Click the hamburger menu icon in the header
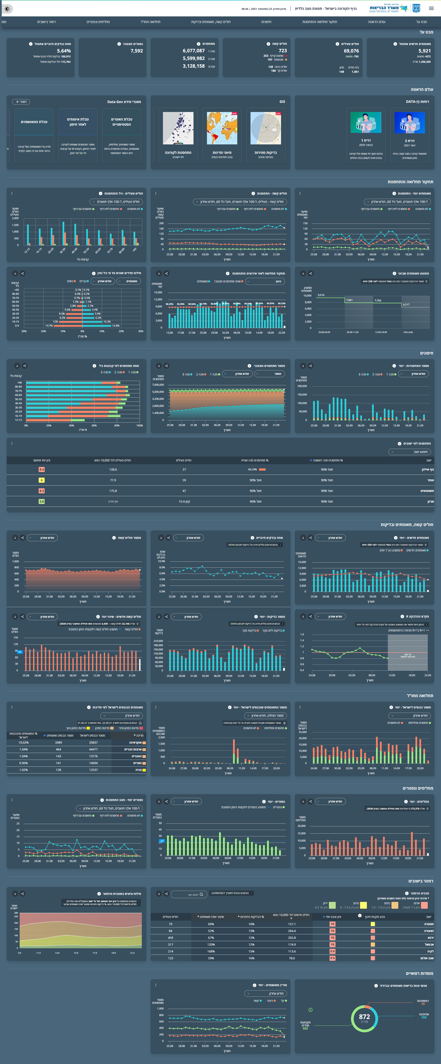click(431, 8)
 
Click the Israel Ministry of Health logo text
click(384, 8)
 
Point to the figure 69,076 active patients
click(351, 51)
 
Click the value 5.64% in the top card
click(64, 51)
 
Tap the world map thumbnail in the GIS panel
click(222, 128)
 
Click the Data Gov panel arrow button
click(21, 102)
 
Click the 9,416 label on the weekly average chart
click(321, 295)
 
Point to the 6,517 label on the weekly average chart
click(406, 304)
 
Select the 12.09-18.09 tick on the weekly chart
click(381, 332)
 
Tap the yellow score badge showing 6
click(41, 480)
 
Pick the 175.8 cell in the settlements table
click(113, 491)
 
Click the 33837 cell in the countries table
click(94, 742)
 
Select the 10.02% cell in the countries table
click(24, 742)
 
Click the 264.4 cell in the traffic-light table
click(292, 931)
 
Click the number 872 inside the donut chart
click(364, 1016)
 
